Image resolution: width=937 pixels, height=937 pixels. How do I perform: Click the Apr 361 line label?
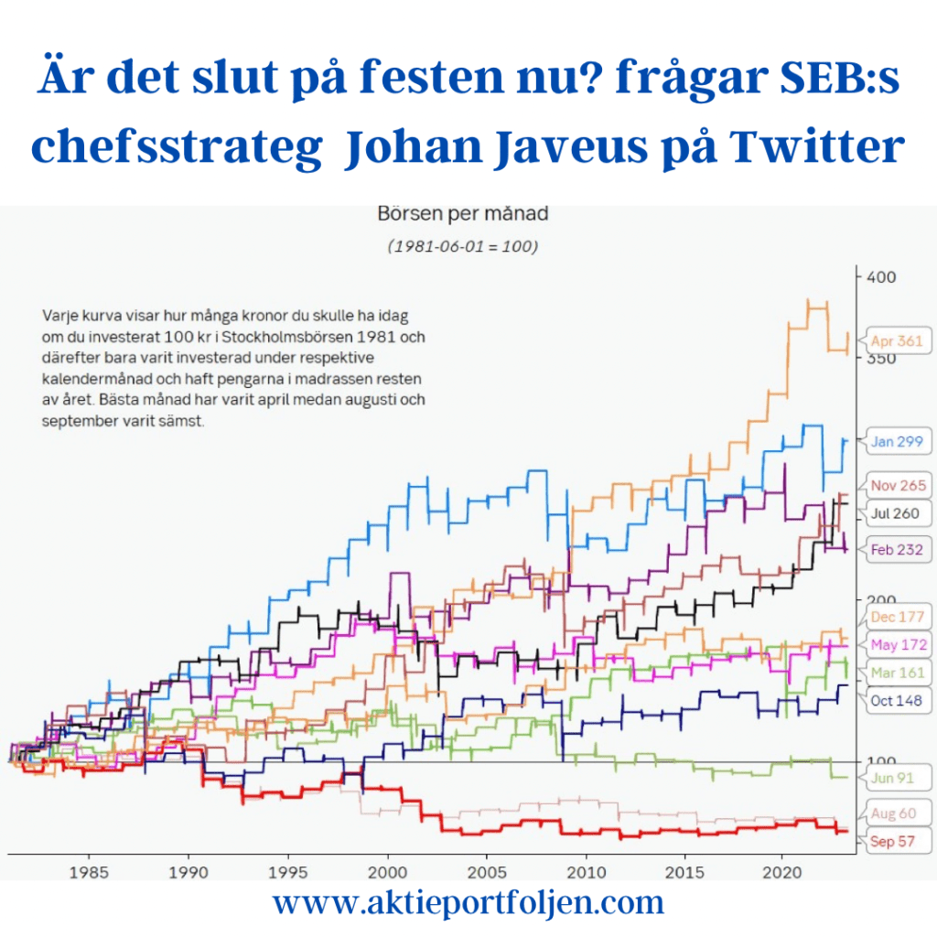coord(896,341)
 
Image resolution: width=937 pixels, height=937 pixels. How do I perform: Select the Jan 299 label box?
coord(896,442)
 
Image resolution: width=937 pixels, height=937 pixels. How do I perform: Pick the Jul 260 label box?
coord(896,513)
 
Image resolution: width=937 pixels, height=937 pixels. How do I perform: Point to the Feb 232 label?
coord(896,549)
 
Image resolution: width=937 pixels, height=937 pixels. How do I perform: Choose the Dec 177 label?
coord(898,617)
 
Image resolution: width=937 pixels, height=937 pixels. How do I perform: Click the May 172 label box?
coord(898,645)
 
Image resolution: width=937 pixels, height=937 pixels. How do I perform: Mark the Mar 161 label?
coord(897,673)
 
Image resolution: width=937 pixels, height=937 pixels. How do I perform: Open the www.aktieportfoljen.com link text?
coord(468,903)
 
